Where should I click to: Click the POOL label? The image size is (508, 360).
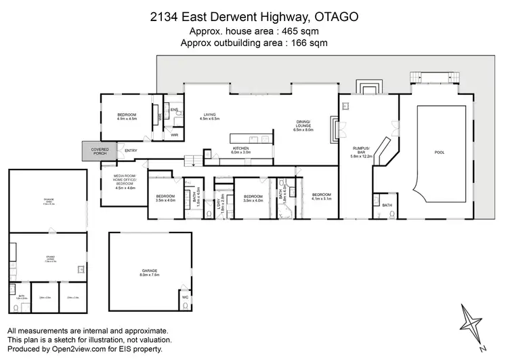pos(440,153)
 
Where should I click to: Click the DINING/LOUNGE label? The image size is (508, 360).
pos(303,125)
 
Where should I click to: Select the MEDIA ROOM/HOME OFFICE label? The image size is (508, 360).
pos(130,180)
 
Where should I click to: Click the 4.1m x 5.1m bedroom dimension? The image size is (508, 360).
pos(321,199)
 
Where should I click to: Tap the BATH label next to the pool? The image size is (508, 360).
pos(386,205)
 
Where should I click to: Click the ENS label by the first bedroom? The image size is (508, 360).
pos(174,110)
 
